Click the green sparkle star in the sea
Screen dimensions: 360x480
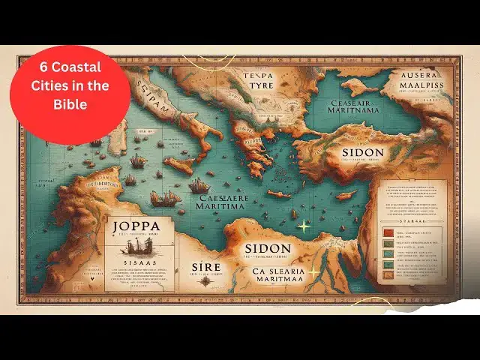(x=304, y=226)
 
